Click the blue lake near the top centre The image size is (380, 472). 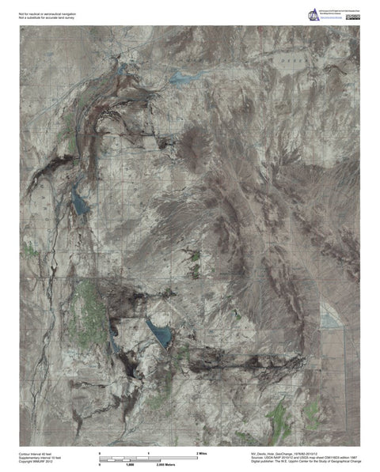point(184,77)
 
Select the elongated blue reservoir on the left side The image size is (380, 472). point(78,202)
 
